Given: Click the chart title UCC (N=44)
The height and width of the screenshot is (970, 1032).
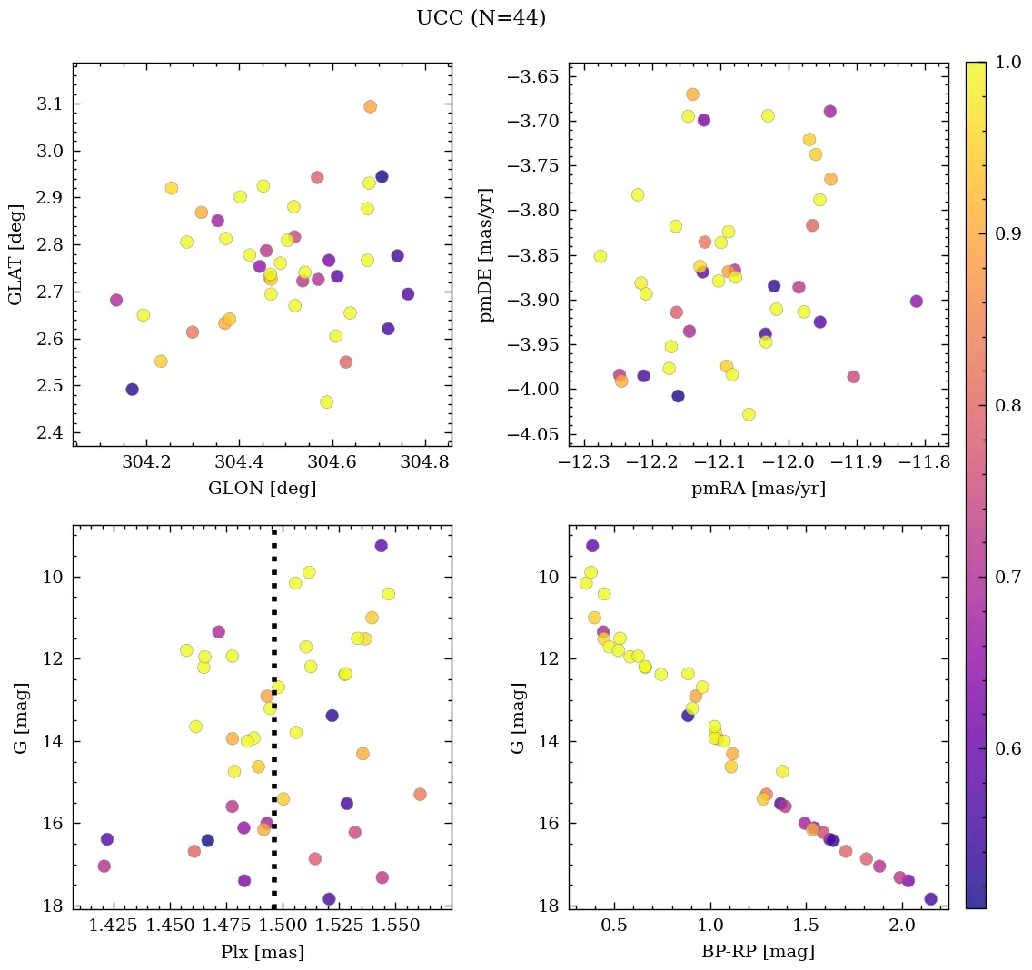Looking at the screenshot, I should pos(481,18).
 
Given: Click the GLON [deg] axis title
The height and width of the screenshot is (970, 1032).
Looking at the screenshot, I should pos(263,489).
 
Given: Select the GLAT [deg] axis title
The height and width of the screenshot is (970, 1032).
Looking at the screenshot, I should pos(15,254).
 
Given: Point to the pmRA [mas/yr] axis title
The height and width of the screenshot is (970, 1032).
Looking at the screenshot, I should pos(759,489).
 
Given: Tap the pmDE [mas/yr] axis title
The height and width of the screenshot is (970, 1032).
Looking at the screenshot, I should pos(488,254).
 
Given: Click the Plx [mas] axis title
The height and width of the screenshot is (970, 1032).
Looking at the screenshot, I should pos(263,952).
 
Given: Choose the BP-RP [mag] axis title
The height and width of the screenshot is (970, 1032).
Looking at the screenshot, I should pos(759,952).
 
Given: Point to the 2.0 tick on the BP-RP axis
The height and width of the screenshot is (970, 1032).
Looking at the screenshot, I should pos(901,925).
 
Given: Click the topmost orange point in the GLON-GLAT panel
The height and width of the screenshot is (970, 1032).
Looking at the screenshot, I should pos(370,106).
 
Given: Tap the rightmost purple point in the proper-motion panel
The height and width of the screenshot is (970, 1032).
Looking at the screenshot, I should pos(916,301).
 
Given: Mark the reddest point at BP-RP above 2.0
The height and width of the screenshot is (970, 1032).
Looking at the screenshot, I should pos(930,899).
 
